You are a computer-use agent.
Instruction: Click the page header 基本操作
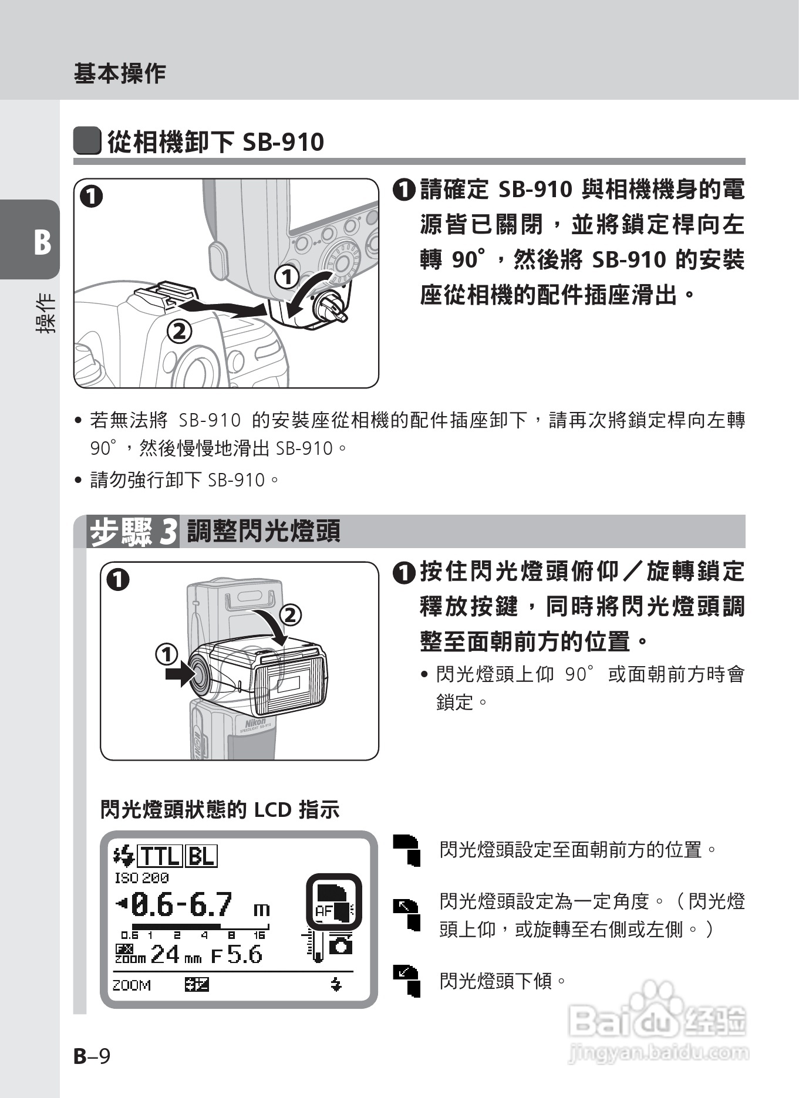(119, 73)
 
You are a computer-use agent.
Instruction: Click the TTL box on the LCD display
(160, 857)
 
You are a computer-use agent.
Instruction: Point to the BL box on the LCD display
(201, 857)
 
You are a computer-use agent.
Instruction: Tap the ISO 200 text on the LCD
(141, 878)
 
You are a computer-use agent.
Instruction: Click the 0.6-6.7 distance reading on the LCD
(182, 905)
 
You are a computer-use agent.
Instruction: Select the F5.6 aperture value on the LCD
(237, 955)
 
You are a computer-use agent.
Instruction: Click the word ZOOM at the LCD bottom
(132, 985)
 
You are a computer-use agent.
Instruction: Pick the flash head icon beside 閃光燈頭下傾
(407, 981)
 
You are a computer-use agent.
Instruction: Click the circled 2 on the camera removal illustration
(180, 332)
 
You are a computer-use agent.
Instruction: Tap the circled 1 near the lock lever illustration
(287, 277)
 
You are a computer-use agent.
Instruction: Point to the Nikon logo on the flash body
(256, 722)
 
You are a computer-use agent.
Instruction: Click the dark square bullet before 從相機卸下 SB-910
(87, 141)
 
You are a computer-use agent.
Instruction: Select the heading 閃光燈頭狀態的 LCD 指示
(220, 810)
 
